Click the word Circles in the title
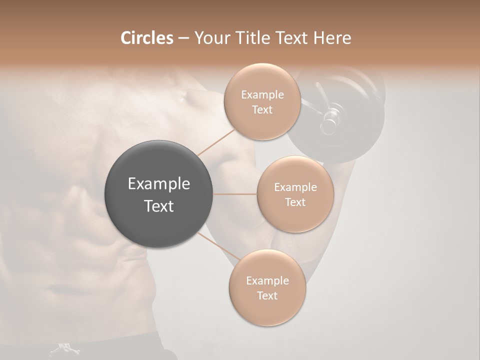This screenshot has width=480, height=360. click(x=146, y=38)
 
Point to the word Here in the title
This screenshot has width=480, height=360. click(x=332, y=38)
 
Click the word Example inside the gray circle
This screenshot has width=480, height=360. click(x=159, y=184)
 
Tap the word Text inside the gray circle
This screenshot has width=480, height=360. click(x=159, y=206)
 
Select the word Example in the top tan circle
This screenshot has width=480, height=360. click(x=262, y=95)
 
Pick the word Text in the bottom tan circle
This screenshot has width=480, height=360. click(x=267, y=295)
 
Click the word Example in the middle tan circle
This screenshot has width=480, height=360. click(x=295, y=187)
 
